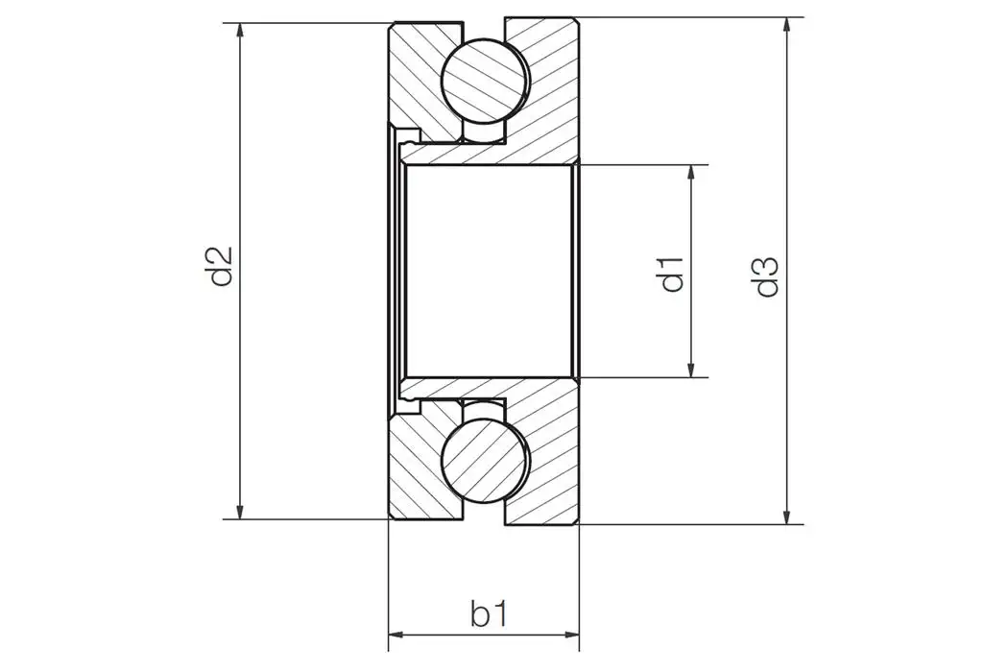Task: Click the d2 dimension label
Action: pyautogui.click(x=221, y=268)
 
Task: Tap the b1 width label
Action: pyautogui.click(x=489, y=613)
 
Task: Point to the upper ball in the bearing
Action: pyautogui.click(x=485, y=81)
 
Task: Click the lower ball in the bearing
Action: pyautogui.click(x=485, y=459)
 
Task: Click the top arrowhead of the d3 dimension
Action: pyautogui.click(x=788, y=25)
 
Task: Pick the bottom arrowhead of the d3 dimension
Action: pyautogui.click(x=788, y=516)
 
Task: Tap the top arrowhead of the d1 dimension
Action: pyautogui.click(x=691, y=174)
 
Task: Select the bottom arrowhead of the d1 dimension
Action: pyautogui.click(x=691, y=369)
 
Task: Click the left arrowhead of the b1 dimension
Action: pyautogui.click(x=396, y=635)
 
